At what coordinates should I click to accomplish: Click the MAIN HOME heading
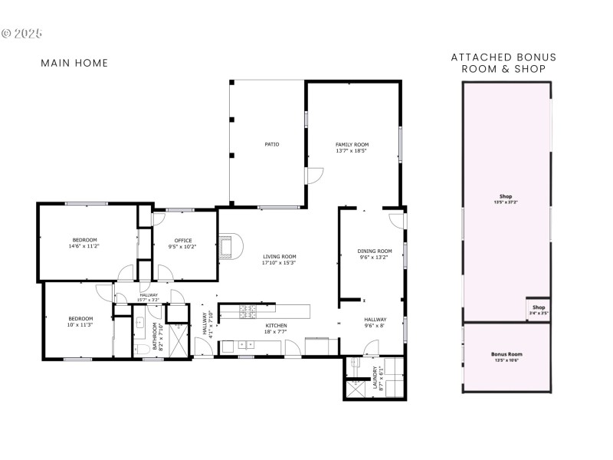74,63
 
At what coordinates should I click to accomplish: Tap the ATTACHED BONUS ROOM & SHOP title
503,63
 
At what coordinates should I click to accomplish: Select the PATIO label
270,143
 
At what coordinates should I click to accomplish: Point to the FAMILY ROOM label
352,145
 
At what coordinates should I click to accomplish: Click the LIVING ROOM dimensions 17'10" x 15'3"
279,263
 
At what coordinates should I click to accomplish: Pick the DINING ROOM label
375,251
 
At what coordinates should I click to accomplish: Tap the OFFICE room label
183,241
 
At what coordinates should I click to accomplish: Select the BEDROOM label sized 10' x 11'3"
80,319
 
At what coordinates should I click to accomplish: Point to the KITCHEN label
277,327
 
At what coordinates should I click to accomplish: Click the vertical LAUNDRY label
375,378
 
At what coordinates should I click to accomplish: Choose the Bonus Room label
506,354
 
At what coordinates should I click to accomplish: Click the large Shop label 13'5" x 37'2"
506,196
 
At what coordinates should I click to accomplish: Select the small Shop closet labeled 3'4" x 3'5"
539,309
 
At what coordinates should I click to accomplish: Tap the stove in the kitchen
248,310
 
